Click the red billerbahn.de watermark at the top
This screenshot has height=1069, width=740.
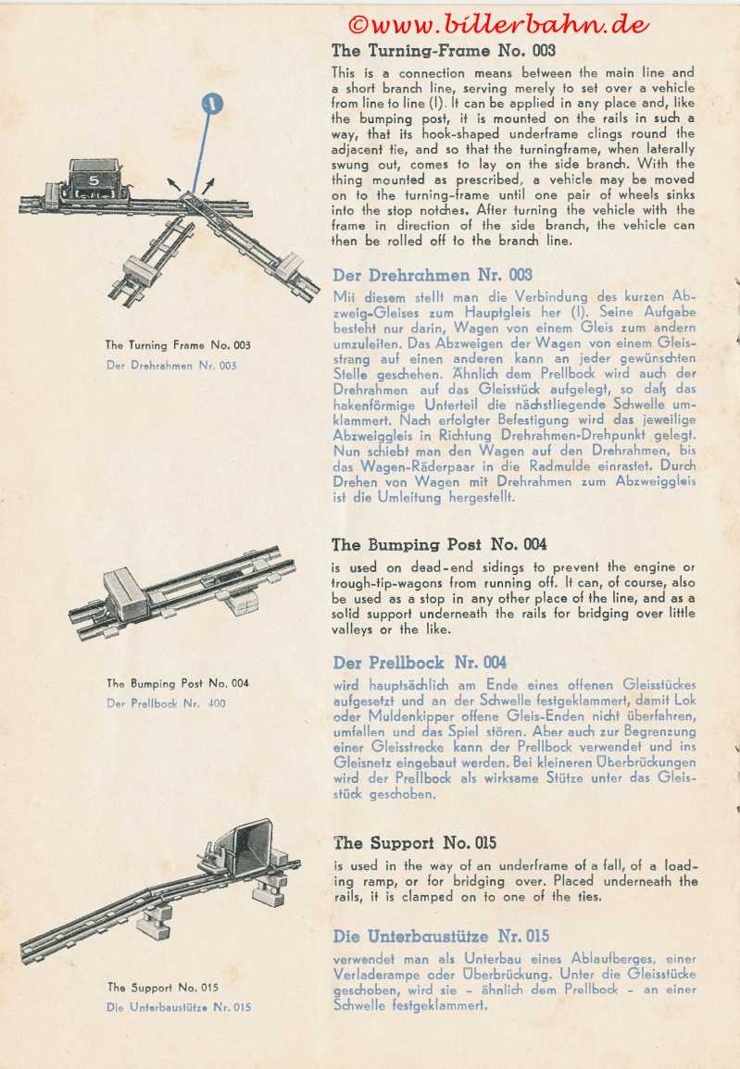pos(498,24)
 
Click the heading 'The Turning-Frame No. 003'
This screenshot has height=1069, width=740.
pos(444,51)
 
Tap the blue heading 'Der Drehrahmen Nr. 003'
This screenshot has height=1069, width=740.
pos(433,275)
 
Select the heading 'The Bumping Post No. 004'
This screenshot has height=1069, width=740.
pos(439,544)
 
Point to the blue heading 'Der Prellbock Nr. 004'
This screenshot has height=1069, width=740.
pos(420,663)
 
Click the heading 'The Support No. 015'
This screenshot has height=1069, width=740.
pos(415,843)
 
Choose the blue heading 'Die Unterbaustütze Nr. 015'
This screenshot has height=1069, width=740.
pos(441,936)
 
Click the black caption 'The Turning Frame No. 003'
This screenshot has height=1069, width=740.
pos(177,346)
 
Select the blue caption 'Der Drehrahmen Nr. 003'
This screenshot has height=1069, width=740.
pos(171,366)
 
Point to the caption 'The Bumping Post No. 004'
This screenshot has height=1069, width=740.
pos(178,684)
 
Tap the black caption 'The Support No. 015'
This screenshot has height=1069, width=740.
pos(163,988)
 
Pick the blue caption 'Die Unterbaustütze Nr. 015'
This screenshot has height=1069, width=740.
pos(179,1007)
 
